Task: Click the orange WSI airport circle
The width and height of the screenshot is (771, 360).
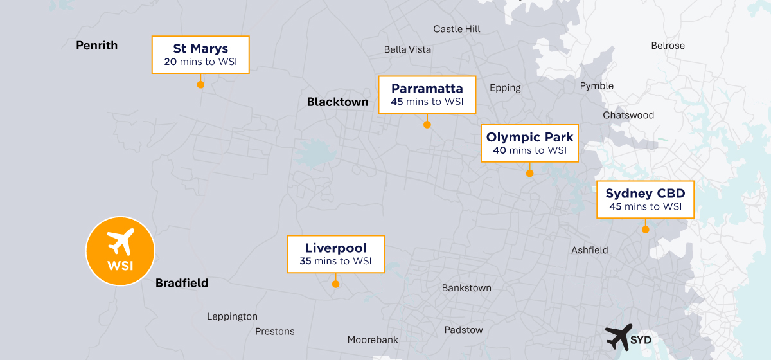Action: (x=120, y=251)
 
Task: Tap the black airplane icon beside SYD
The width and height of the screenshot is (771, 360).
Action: (x=618, y=336)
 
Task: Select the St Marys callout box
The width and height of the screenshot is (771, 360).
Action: (x=200, y=55)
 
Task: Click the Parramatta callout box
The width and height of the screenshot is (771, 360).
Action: (x=427, y=94)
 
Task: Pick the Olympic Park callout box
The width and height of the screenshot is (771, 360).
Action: (x=529, y=143)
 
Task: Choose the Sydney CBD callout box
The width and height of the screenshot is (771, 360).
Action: (x=645, y=199)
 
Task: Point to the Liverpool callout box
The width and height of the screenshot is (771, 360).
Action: (x=335, y=255)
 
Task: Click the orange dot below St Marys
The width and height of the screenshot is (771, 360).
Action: (x=200, y=84)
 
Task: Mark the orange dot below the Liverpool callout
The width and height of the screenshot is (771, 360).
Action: (x=335, y=283)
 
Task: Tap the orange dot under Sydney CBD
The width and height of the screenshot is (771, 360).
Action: (x=645, y=229)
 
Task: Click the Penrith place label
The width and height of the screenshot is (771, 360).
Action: (x=97, y=46)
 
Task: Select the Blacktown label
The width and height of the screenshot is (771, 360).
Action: (x=338, y=102)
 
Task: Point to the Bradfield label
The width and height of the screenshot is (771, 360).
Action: (x=182, y=283)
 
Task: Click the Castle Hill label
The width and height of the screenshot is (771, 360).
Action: (x=457, y=29)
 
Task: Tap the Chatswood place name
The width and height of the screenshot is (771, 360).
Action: (x=628, y=115)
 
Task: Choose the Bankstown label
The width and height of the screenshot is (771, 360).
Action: (x=466, y=288)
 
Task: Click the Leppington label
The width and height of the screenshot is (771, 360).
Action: (x=232, y=316)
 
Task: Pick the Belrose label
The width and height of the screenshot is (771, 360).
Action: (x=668, y=46)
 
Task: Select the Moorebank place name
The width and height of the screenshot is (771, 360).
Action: (x=373, y=339)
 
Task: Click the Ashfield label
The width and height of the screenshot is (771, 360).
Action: (x=590, y=250)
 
